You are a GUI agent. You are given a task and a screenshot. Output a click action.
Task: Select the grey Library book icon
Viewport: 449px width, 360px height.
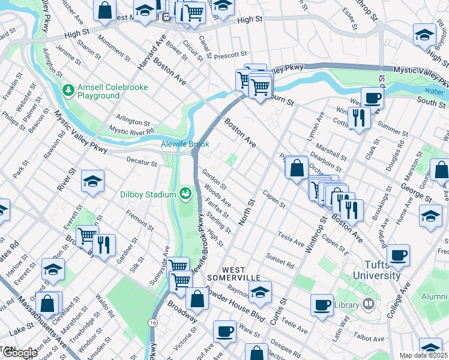click(x=369, y=304)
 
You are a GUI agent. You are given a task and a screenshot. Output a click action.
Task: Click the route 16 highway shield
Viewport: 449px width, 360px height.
click(x=154, y=323)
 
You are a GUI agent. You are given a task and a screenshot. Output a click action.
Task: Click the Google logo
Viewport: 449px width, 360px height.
click(x=19, y=353)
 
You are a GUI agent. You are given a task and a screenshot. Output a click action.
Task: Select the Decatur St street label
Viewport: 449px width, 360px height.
click(x=142, y=161)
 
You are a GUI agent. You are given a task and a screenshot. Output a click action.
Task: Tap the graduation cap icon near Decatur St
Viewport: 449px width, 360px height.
click(x=93, y=181)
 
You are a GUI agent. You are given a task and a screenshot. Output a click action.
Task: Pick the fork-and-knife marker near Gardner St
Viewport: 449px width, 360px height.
click(x=104, y=245)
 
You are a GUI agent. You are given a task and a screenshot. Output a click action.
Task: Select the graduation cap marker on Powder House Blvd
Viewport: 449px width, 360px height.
click(x=260, y=292)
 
